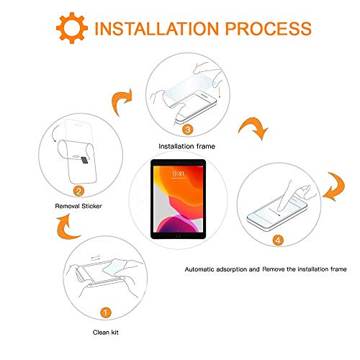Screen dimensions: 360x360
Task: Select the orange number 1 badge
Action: tap(106, 313)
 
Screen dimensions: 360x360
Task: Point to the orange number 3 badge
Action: tap(187, 130)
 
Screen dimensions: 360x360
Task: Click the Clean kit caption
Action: tap(107, 333)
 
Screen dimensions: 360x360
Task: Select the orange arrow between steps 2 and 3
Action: tap(123, 102)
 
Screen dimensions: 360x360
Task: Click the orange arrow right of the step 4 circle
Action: tap(335, 187)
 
